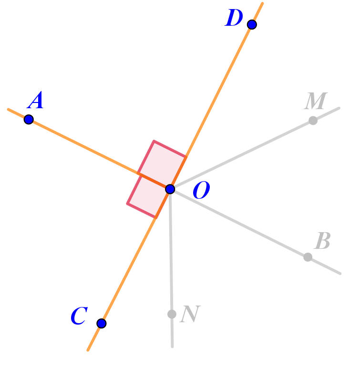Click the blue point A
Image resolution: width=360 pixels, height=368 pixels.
pos(29,119)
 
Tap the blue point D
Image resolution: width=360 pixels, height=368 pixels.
pos(252,24)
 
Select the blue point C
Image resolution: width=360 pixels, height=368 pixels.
pos(102,323)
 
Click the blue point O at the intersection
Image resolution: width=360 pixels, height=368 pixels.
pos(170,189)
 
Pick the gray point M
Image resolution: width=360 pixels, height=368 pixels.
pos(313,121)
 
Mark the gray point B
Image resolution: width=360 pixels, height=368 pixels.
pos(308,257)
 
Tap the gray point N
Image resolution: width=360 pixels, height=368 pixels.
pos(172,314)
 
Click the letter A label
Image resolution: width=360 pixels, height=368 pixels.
pos(36,102)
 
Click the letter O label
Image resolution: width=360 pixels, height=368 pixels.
pos(201,192)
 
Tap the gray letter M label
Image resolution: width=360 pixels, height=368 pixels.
pos(316,102)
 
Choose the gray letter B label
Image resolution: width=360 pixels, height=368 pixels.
pos(322,242)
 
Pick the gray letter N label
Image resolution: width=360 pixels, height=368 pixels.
pos(190,315)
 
